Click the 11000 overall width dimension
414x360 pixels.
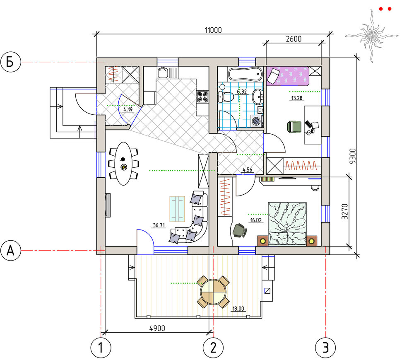[x=213, y=30]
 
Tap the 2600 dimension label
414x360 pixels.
[x=294, y=39]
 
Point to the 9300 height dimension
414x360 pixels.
[x=352, y=156]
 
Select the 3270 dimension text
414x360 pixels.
[x=344, y=211]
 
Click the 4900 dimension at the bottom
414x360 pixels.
[x=157, y=328]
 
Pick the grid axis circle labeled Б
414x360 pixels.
[x=11, y=62]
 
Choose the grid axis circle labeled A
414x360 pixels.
[x=11, y=250]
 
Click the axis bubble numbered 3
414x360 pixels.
[x=325, y=348]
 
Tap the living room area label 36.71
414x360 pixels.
[x=159, y=225]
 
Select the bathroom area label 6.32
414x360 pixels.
[x=242, y=92]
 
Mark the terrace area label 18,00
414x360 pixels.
[x=238, y=309]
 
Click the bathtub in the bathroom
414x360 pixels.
[x=245, y=74]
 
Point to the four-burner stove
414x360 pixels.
[x=202, y=97]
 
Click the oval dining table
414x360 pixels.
[x=123, y=164]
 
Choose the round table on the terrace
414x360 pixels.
[x=213, y=292]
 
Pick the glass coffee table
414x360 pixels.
[x=177, y=209]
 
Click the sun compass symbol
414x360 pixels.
[x=372, y=36]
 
